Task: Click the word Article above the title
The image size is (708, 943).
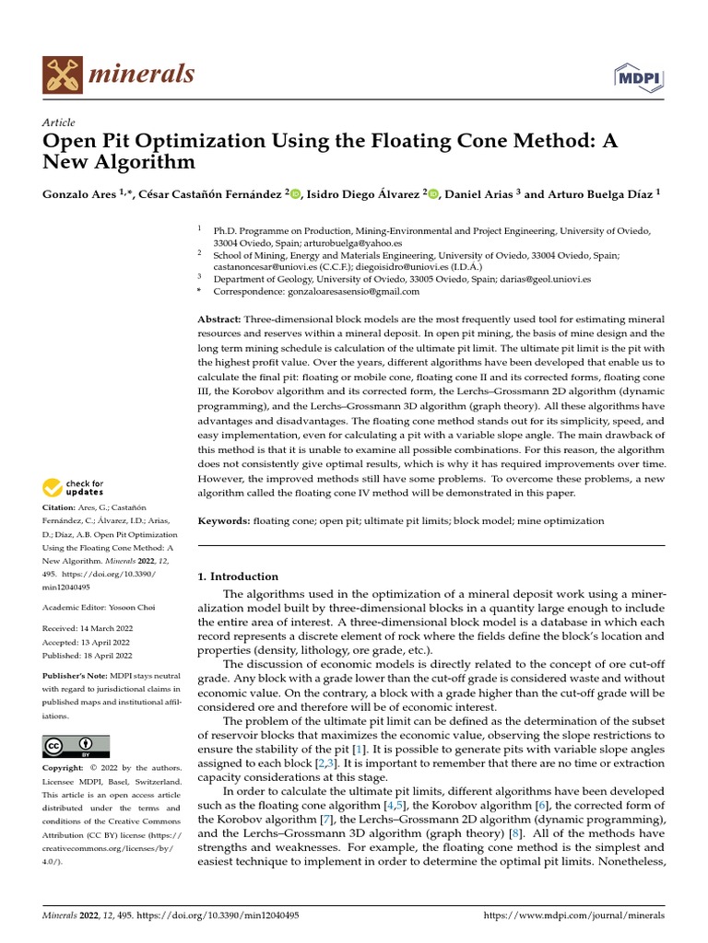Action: tap(59, 122)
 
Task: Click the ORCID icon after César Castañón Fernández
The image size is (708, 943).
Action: tap(296, 193)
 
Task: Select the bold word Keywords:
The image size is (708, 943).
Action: tap(224, 521)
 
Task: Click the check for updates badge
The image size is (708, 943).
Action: tap(74, 487)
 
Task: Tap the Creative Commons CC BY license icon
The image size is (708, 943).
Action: tap(76, 746)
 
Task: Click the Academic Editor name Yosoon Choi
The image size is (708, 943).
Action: tap(134, 609)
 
